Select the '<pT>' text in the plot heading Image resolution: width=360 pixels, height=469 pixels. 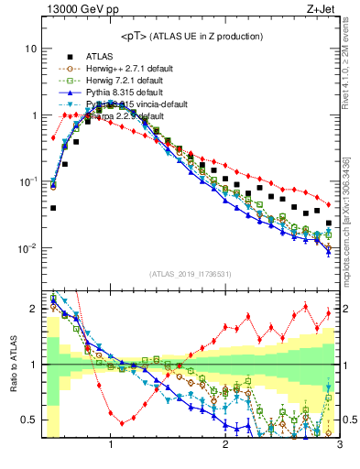[135, 37]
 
